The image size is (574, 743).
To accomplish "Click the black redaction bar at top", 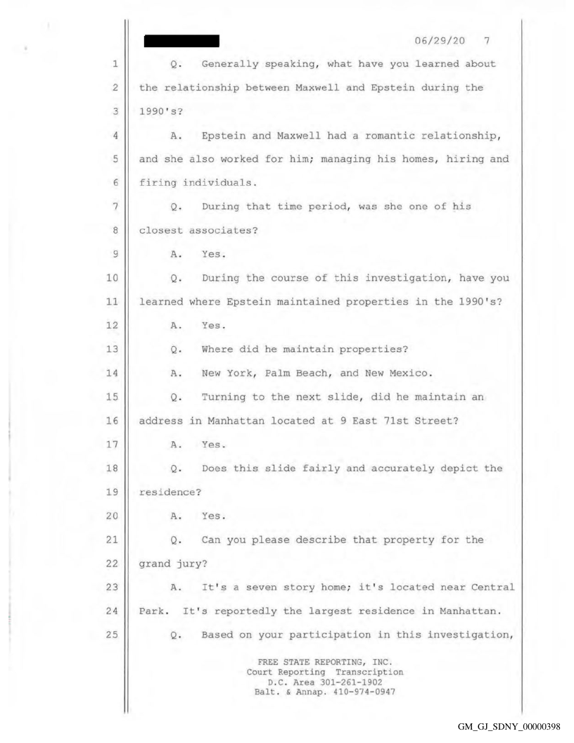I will (181, 42).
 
